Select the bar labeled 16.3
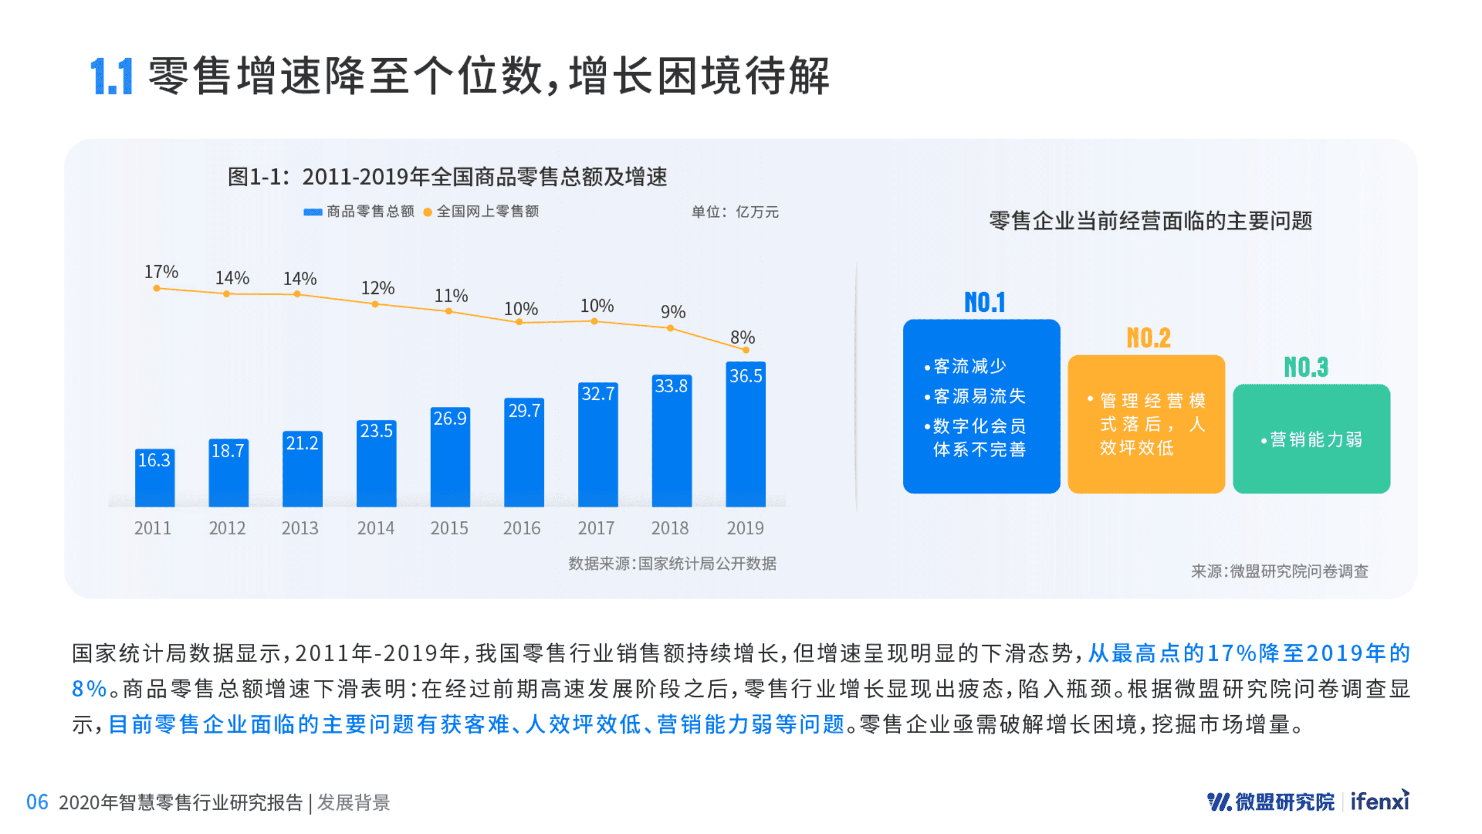154,478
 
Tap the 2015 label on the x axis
449,528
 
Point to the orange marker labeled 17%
156,288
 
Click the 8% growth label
742,337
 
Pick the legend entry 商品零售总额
359,212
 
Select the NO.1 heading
984,303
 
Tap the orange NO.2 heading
1148,338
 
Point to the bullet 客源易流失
978,396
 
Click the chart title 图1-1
447,177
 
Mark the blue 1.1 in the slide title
112,77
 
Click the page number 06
37,802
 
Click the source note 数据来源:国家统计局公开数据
672,563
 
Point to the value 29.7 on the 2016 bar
524,411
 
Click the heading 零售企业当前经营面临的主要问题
1150,221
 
